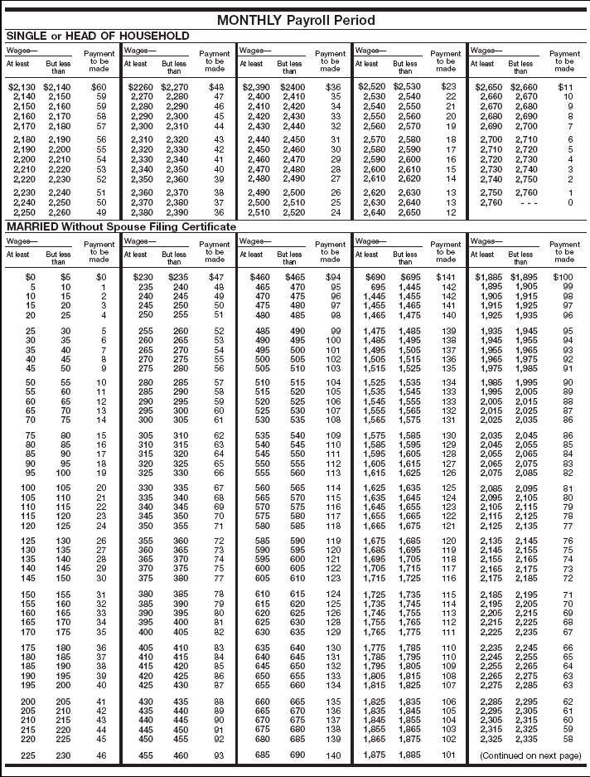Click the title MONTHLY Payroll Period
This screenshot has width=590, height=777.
pyautogui.click(x=295, y=20)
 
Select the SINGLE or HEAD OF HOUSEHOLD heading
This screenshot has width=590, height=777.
pyautogui.click(x=98, y=36)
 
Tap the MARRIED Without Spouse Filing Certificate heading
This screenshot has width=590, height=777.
pyautogui.click(x=121, y=226)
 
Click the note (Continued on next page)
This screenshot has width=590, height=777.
pyautogui.click(x=526, y=757)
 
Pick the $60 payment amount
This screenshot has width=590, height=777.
pyautogui.click(x=99, y=86)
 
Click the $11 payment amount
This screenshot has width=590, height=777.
pyautogui.click(x=566, y=86)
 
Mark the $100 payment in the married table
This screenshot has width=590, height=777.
pyautogui.click(x=563, y=276)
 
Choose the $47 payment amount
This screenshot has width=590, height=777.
pyautogui.click(x=215, y=276)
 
